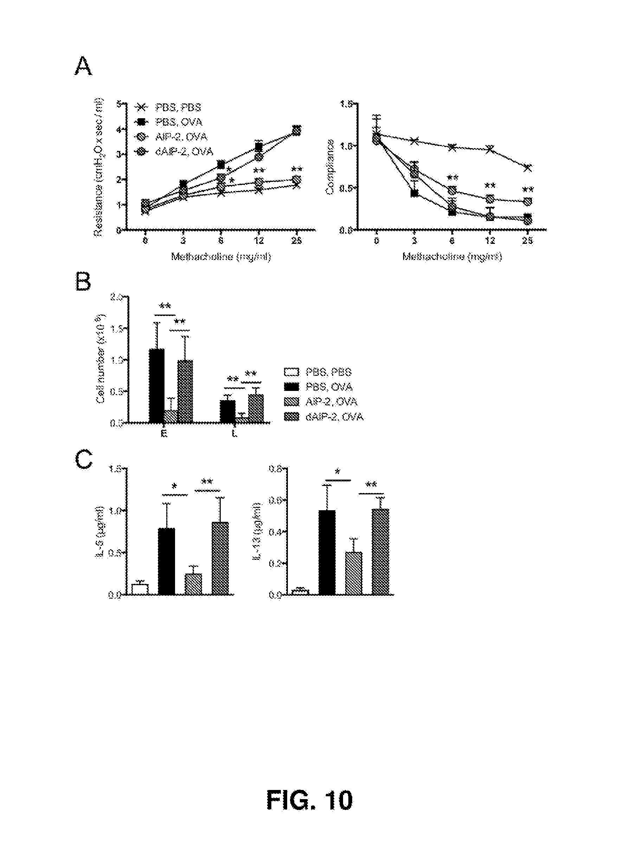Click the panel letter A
point(83,67)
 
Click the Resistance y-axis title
point(99,167)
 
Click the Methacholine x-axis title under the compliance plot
point(452,257)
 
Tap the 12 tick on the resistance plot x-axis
point(259,240)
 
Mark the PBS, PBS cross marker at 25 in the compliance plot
point(528,168)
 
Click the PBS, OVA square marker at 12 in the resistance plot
point(259,147)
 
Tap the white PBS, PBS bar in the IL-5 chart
point(140,589)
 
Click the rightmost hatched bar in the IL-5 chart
point(220,558)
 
